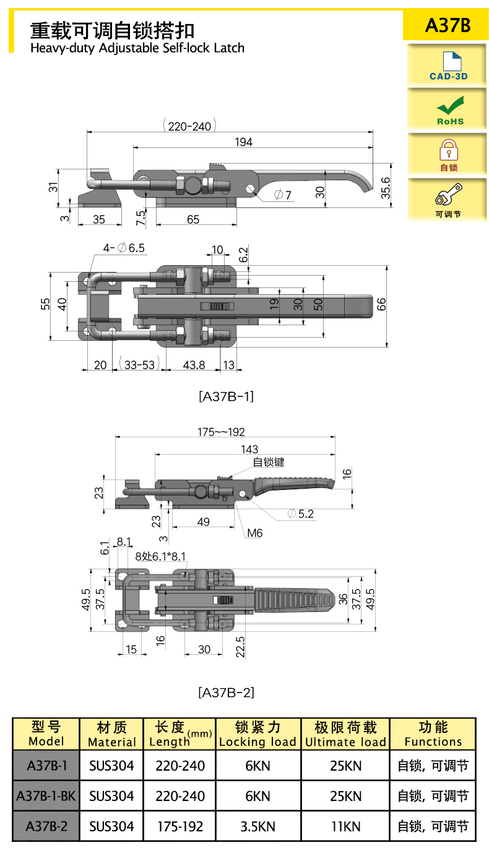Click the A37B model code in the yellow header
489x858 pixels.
point(448,25)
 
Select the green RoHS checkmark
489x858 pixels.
point(451,105)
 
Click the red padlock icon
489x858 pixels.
point(448,150)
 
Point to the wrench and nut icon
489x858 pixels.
point(448,194)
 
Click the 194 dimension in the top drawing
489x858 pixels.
point(243,142)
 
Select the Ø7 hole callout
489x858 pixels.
point(283,195)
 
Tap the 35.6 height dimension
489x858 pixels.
point(385,188)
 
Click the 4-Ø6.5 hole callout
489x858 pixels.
point(124,248)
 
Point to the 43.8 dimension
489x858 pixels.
point(194,365)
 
